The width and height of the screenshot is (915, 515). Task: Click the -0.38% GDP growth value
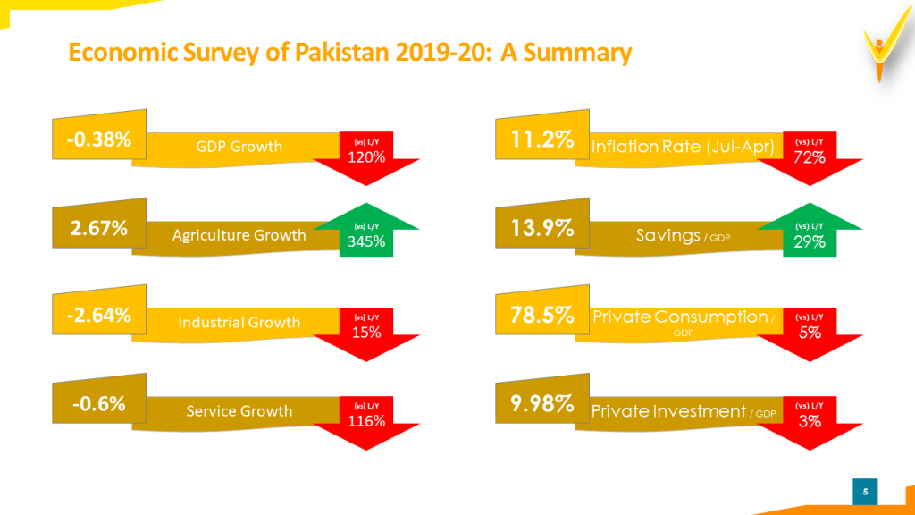(97, 140)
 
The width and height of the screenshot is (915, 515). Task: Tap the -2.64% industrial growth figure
(97, 315)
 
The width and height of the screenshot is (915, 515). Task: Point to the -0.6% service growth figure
(99, 403)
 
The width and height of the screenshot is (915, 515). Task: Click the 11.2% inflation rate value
(541, 140)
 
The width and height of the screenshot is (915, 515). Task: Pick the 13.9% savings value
(541, 228)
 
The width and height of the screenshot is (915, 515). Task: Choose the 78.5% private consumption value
(541, 315)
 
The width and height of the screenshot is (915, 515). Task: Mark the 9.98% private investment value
(541, 403)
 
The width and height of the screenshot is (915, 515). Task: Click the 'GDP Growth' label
(239, 147)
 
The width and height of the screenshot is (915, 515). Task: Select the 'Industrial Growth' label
(239, 322)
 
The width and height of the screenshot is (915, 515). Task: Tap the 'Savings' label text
(667, 235)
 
